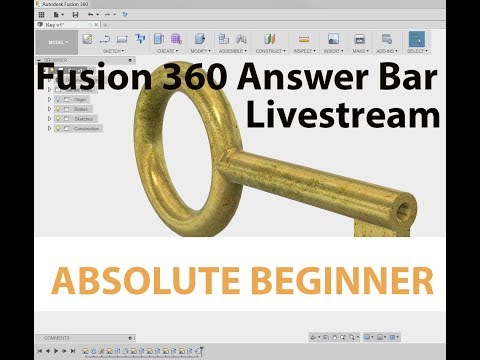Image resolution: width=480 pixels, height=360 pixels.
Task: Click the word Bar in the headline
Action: coord(407,77)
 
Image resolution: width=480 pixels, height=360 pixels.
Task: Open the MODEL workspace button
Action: coord(57,43)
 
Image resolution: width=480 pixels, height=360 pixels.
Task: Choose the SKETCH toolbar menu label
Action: coord(112,49)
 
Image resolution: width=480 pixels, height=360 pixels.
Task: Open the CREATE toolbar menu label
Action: coord(167,49)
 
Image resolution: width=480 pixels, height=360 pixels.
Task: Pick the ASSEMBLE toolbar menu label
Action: coord(232,49)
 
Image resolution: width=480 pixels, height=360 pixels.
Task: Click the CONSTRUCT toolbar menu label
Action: coord(270,49)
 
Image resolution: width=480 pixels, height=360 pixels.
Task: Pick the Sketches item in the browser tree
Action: coord(82,119)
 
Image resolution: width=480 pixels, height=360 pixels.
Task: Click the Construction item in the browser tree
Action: coord(86,129)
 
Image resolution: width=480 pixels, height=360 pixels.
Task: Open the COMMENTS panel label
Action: coord(58,338)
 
